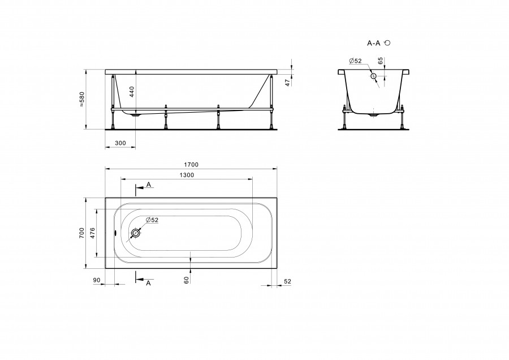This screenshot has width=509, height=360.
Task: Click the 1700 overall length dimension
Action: pyautogui.click(x=191, y=165)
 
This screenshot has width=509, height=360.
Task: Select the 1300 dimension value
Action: pyautogui.click(x=187, y=175)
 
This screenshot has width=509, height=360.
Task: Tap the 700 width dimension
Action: pyautogui.click(x=81, y=233)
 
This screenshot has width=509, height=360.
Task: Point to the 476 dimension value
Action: pyautogui.click(x=93, y=233)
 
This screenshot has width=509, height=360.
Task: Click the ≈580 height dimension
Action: pyautogui.click(x=81, y=99)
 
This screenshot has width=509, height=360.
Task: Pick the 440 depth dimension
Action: pyautogui.click(x=132, y=92)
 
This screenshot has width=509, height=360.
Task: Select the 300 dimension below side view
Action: pyautogui.click(x=120, y=143)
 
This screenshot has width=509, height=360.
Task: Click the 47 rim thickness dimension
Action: pyautogui.click(x=287, y=83)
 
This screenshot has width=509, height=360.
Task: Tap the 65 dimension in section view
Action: pyautogui.click(x=381, y=61)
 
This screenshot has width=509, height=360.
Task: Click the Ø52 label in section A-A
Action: pyautogui.click(x=355, y=61)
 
